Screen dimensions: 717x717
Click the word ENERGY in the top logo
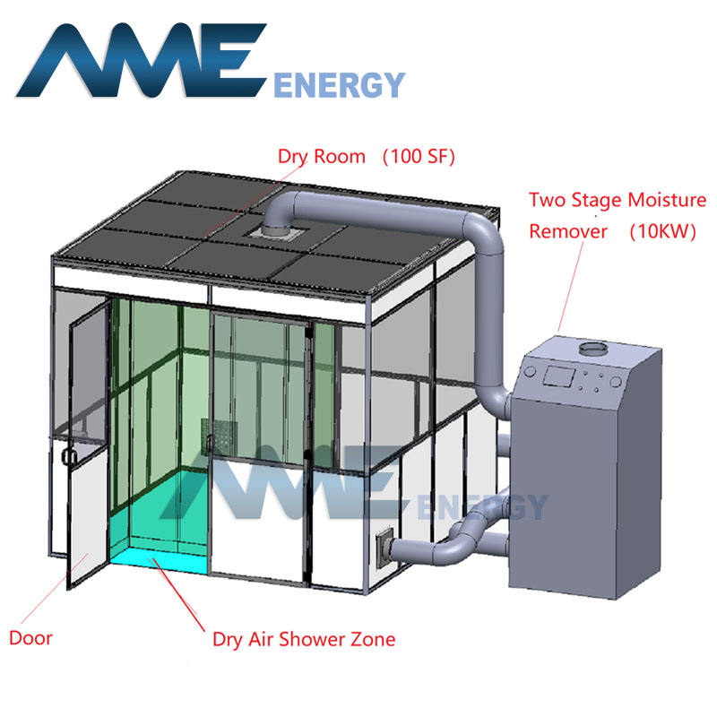338,85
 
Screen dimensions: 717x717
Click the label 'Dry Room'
321,156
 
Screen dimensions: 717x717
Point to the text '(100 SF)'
419,156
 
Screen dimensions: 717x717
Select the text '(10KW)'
661,230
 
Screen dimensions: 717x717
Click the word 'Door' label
30,638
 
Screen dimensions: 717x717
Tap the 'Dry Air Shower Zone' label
303,639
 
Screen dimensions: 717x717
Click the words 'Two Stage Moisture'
617,200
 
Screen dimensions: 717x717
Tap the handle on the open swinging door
66,456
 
